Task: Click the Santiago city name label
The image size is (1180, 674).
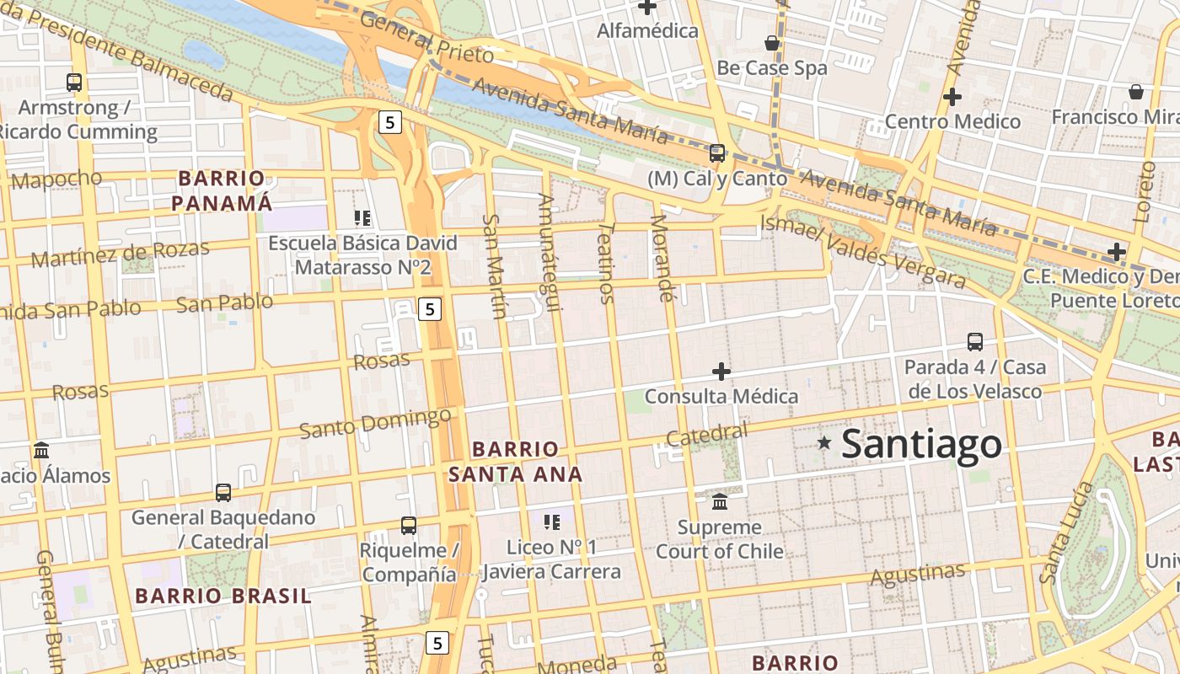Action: click(x=921, y=444)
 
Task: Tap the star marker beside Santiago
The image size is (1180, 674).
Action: click(x=824, y=442)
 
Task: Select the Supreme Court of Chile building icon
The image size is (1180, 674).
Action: click(x=720, y=502)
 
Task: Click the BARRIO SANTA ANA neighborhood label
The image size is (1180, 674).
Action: click(x=515, y=462)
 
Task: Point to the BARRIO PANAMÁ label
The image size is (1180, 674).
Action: click(x=223, y=190)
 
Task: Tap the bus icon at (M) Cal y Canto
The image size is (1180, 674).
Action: click(x=717, y=153)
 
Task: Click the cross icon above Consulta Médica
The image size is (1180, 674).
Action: click(x=721, y=371)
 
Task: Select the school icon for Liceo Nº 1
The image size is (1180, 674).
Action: click(x=552, y=522)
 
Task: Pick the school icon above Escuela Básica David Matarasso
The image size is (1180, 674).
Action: click(x=362, y=219)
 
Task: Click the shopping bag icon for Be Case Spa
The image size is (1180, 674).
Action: click(x=772, y=42)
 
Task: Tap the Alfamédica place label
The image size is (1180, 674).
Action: click(x=647, y=31)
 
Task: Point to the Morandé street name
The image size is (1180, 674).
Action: click(x=662, y=258)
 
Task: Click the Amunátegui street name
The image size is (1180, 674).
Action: click(x=549, y=252)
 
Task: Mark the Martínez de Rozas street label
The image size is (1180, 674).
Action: click(x=120, y=254)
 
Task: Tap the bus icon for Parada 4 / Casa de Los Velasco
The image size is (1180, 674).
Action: click(x=975, y=342)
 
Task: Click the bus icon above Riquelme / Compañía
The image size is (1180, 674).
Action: click(x=409, y=526)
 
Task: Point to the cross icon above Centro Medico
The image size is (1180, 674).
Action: click(x=952, y=97)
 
